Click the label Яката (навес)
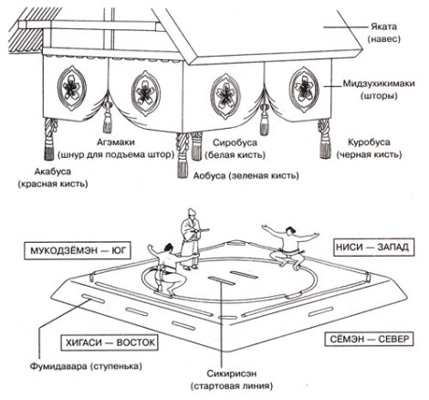coord(383,33)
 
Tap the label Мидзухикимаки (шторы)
coord(379,89)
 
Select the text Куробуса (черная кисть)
coord(369,148)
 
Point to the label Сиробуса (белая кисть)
coord(235,149)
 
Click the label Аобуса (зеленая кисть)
coord(246,175)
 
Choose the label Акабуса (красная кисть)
coord(53,177)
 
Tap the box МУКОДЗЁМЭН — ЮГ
coord(78,250)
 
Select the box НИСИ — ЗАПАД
coord(374,247)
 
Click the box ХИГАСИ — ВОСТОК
coord(110,342)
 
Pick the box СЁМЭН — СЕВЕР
coord(368,339)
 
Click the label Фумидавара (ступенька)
coord(86,366)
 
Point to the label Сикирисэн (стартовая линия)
coord(231,379)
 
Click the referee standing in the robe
coord(190,239)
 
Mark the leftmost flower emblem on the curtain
coord(72,88)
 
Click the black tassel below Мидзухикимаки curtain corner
coord(325,139)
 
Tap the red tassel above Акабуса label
coord(50,139)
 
